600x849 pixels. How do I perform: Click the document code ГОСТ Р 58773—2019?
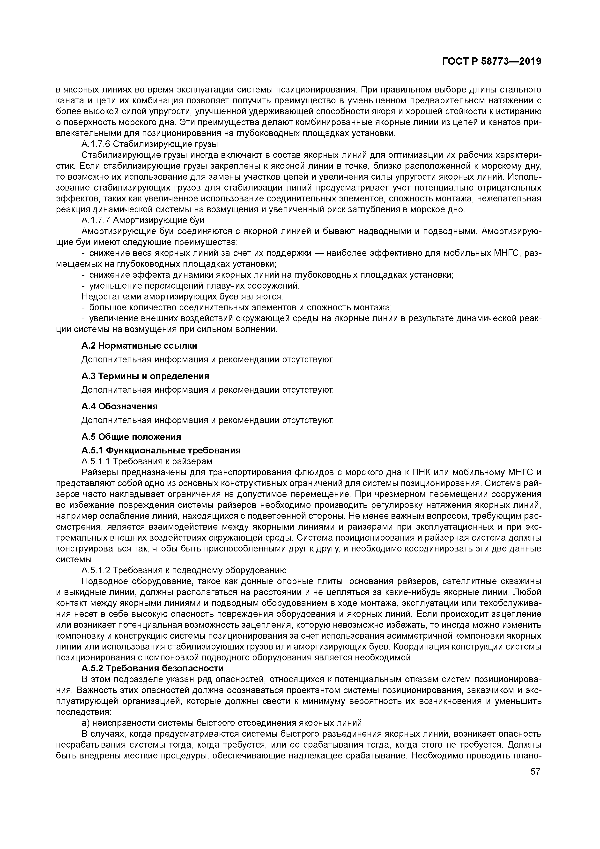[491, 62]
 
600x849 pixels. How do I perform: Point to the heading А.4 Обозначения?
[119, 406]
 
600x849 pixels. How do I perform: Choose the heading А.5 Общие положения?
[131, 437]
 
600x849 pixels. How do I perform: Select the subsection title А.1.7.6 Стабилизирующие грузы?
[149, 144]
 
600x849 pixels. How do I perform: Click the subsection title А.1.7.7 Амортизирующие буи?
[143, 220]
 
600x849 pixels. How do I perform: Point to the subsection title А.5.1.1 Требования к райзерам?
[147, 461]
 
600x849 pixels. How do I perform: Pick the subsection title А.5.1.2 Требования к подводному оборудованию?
[184, 570]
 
